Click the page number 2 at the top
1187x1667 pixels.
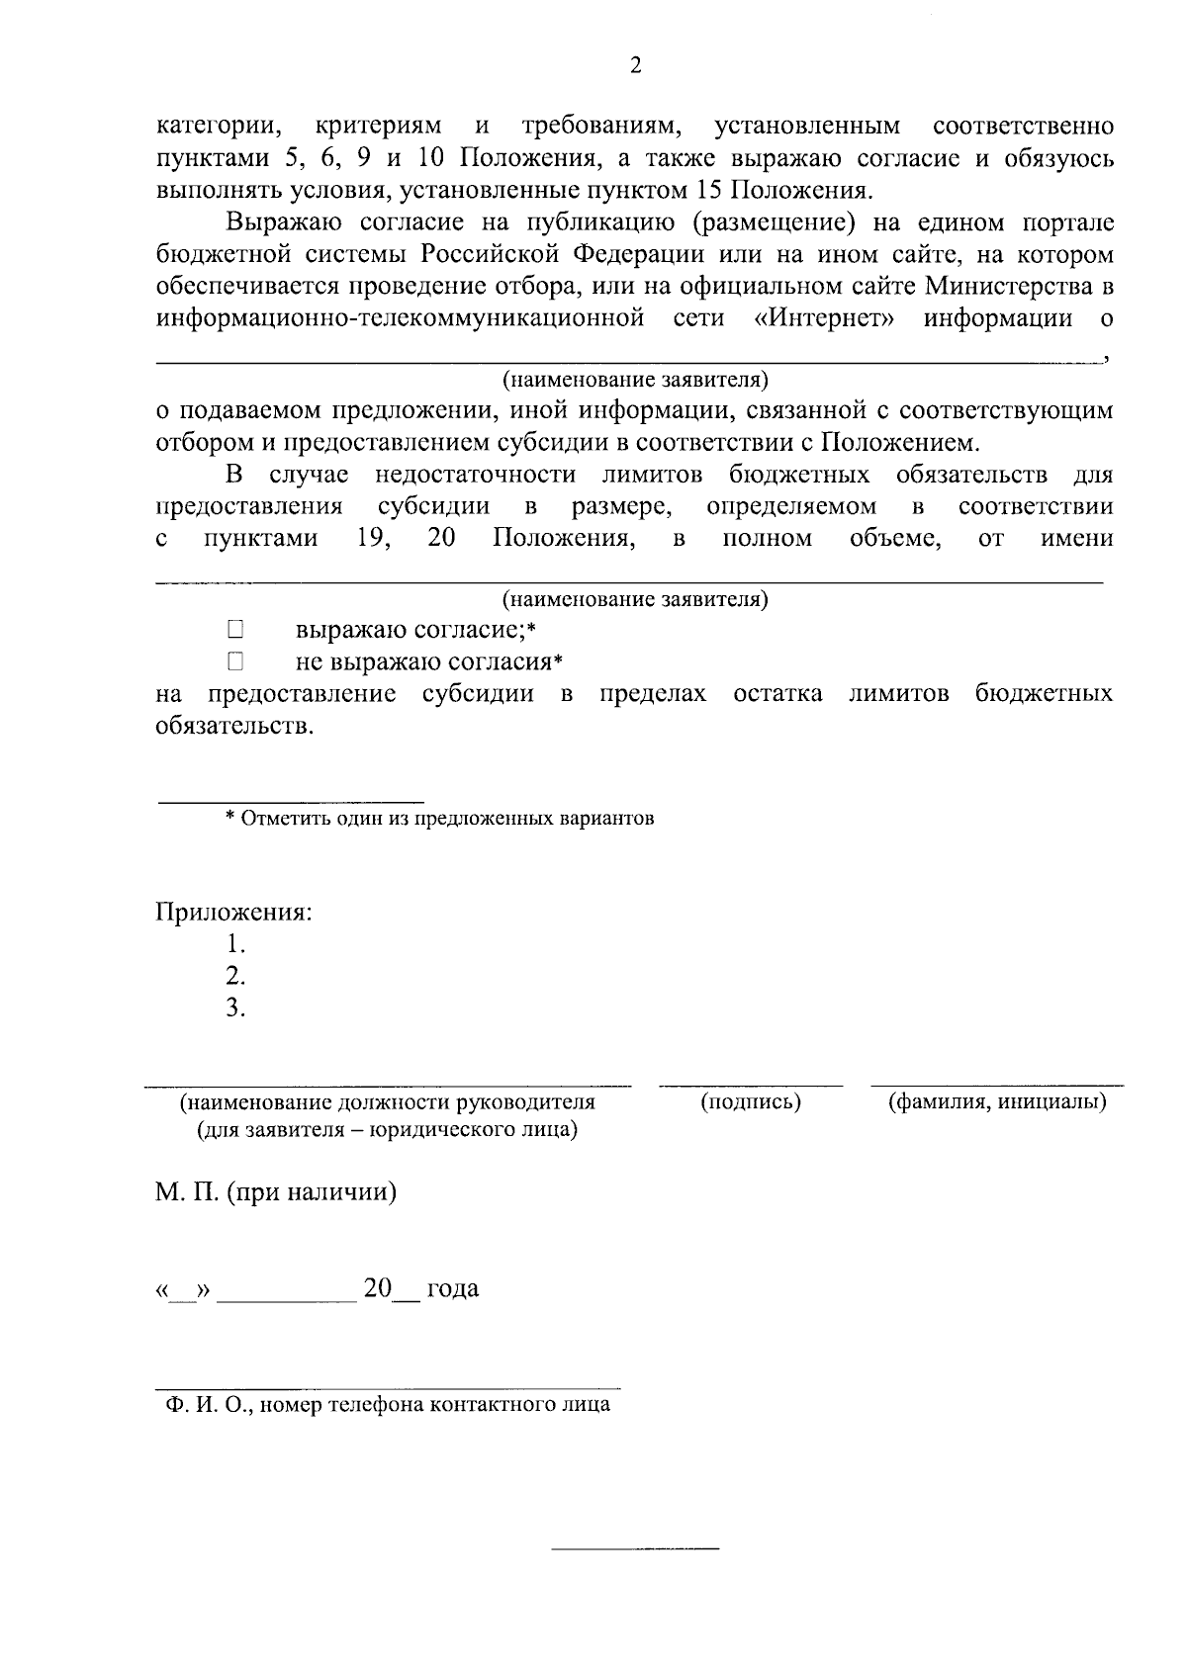[x=635, y=66]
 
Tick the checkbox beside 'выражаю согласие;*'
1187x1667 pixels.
[x=234, y=629]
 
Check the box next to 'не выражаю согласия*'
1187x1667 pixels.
[x=234, y=660]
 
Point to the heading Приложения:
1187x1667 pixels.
[x=233, y=912]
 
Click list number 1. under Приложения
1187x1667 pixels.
[x=235, y=943]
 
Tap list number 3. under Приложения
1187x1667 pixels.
[x=235, y=1008]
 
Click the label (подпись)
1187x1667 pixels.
[x=751, y=1101]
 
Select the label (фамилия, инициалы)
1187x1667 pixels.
[x=997, y=1101]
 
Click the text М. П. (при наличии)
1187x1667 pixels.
[x=276, y=1192]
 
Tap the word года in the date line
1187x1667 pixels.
[x=453, y=1288]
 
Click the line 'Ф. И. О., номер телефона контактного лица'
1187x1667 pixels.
[x=388, y=1405]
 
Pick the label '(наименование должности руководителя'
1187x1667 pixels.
[x=388, y=1101]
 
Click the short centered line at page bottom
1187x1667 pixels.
[x=635, y=1545]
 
